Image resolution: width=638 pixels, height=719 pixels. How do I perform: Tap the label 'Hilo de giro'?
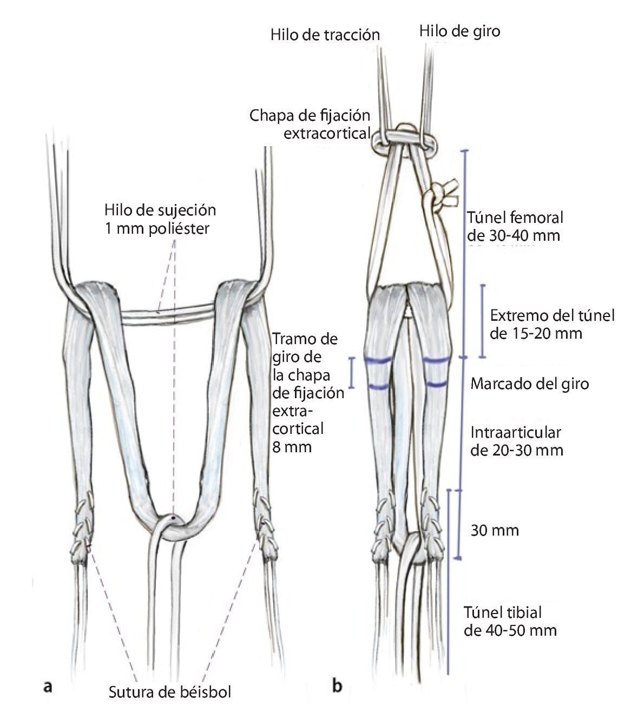point(459,31)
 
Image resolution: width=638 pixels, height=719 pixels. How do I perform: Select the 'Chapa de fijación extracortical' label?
point(310,124)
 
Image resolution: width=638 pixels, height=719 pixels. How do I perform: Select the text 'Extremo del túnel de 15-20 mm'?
point(552,324)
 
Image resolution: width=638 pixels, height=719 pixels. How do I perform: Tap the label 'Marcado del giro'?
point(529,384)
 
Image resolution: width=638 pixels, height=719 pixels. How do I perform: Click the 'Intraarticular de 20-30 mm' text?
point(517,441)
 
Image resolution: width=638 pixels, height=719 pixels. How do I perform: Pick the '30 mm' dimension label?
point(495,530)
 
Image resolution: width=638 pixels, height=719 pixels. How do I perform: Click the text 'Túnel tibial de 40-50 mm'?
point(510,621)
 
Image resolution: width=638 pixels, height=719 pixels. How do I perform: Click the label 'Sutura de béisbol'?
point(169,691)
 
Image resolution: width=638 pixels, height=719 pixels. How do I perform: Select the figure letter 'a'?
point(47,687)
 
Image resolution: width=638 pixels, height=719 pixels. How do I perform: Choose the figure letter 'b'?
point(337,687)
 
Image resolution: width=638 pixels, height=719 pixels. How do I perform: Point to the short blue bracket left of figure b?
point(352,372)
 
